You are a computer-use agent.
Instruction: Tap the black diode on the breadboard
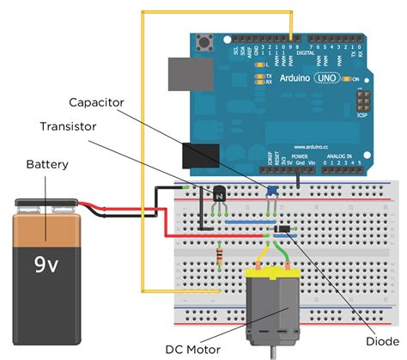pos(282,228)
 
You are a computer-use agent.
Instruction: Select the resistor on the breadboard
pos(224,254)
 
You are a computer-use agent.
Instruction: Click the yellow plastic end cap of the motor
pos(275,276)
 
